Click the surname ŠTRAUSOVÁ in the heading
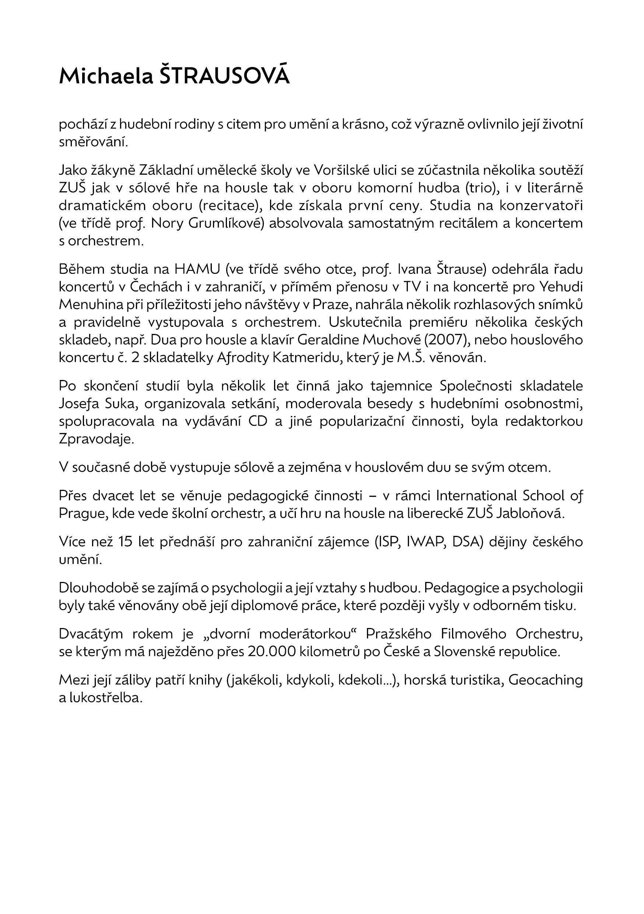[224, 76]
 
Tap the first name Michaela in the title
[106, 76]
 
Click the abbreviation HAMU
[197, 269]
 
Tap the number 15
[125, 542]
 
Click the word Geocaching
[545, 680]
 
